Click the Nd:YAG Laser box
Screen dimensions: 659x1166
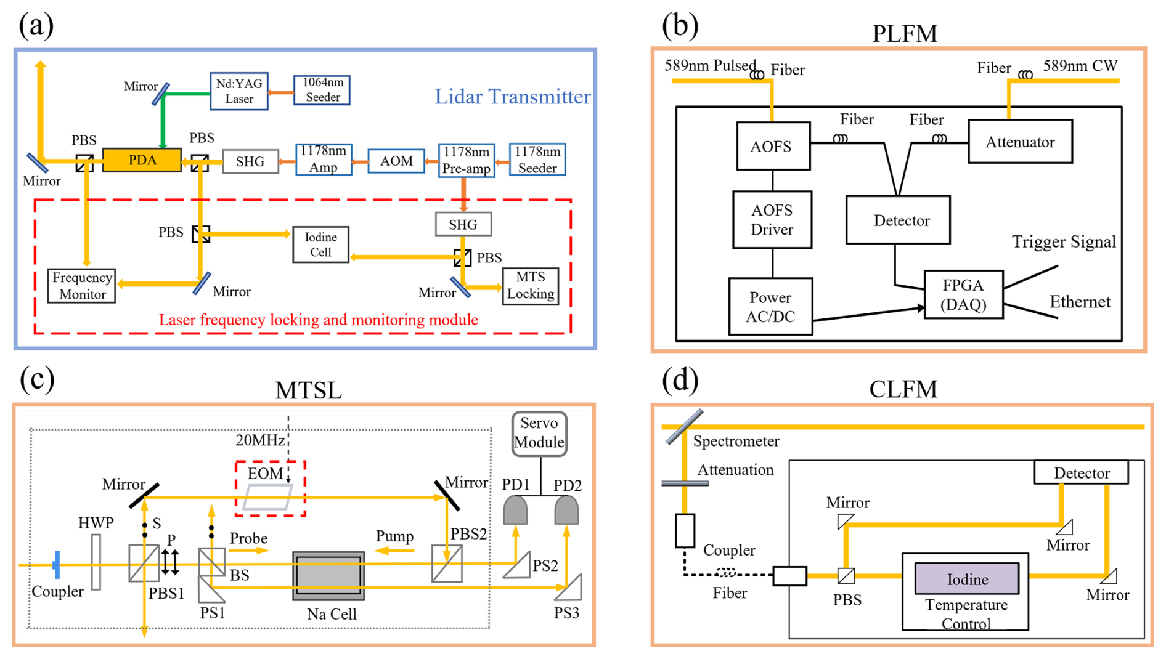[x=239, y=91]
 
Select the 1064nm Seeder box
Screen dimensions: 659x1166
[x=322, y=90]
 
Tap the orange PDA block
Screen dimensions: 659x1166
[x=142, y=160]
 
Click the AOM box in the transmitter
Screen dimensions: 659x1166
[x=396, y=161]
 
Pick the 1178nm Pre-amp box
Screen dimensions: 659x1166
[x=466, y=160]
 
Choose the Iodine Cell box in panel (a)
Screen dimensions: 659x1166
[x=320, y=245]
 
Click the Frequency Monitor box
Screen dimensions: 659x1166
[x=82, y=286]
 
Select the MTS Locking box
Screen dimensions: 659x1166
[x=531, y=286]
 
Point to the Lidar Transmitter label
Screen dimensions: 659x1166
[x=512, y=97]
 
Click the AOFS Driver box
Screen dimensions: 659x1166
[x=772, y=220]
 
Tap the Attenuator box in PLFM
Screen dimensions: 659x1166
[x=1020, y=142]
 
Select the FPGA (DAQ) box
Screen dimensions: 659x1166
[x=963, y=294]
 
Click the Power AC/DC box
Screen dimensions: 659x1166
[x=770, y=307]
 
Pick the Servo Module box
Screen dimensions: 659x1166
[x=539, y=433]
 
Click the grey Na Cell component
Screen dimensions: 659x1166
[x=328, y=576]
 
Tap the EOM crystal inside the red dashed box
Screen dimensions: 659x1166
[x=268, y=496]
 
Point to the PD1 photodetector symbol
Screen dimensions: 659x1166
[x=515, y=511]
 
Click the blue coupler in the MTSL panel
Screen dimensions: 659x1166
[x=57, y=565]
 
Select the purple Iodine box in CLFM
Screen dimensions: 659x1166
[x=966, y=579]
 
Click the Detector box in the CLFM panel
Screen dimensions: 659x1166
[x=1081, y=473]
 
